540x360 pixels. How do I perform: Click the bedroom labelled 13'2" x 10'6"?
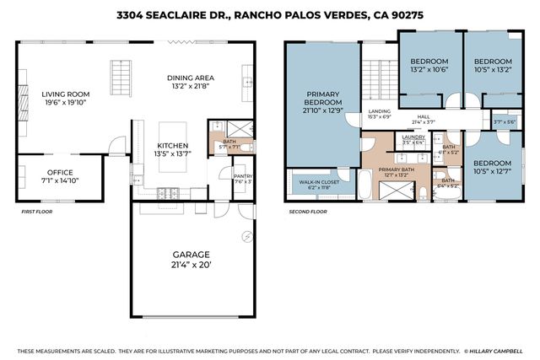tap(429, 67)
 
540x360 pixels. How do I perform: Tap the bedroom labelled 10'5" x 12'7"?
tap(492, 166)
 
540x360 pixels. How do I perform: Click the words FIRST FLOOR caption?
tap(37, 212)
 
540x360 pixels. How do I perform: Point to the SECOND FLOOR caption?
tap(308, 212)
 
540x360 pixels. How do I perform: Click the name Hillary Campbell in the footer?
tap(498, 351)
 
